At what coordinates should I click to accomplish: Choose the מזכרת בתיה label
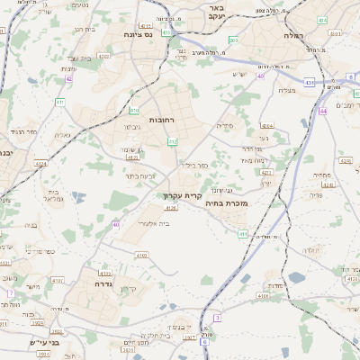[x=238, y=203]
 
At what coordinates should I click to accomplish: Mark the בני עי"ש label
[x=42, y=342]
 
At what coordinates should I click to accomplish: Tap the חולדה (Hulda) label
[x=310, y=249]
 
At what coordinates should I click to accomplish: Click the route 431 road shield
[x=309, y=83]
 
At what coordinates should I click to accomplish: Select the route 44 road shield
[x=322, y=112]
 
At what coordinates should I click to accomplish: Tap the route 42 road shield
[x=68, y=79]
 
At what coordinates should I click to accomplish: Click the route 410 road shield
[x=132, y=112]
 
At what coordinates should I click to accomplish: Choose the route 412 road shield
[x=173, y=142]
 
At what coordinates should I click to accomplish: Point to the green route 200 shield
[x=233, y=40]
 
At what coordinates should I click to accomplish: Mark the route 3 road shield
[x=217, y=318]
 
